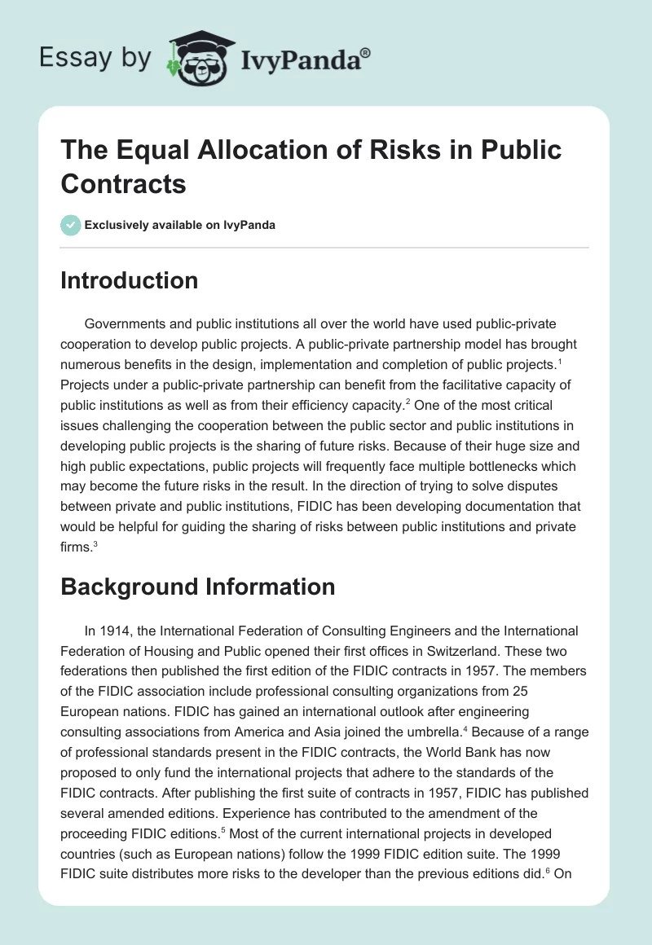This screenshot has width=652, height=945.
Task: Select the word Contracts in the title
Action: (x=123, y=183)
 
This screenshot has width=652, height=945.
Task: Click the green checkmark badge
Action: (x=71, y=225)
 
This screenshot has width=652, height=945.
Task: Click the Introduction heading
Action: (x=129, y=281)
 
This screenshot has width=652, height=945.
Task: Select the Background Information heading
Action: (x=197, y=587)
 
